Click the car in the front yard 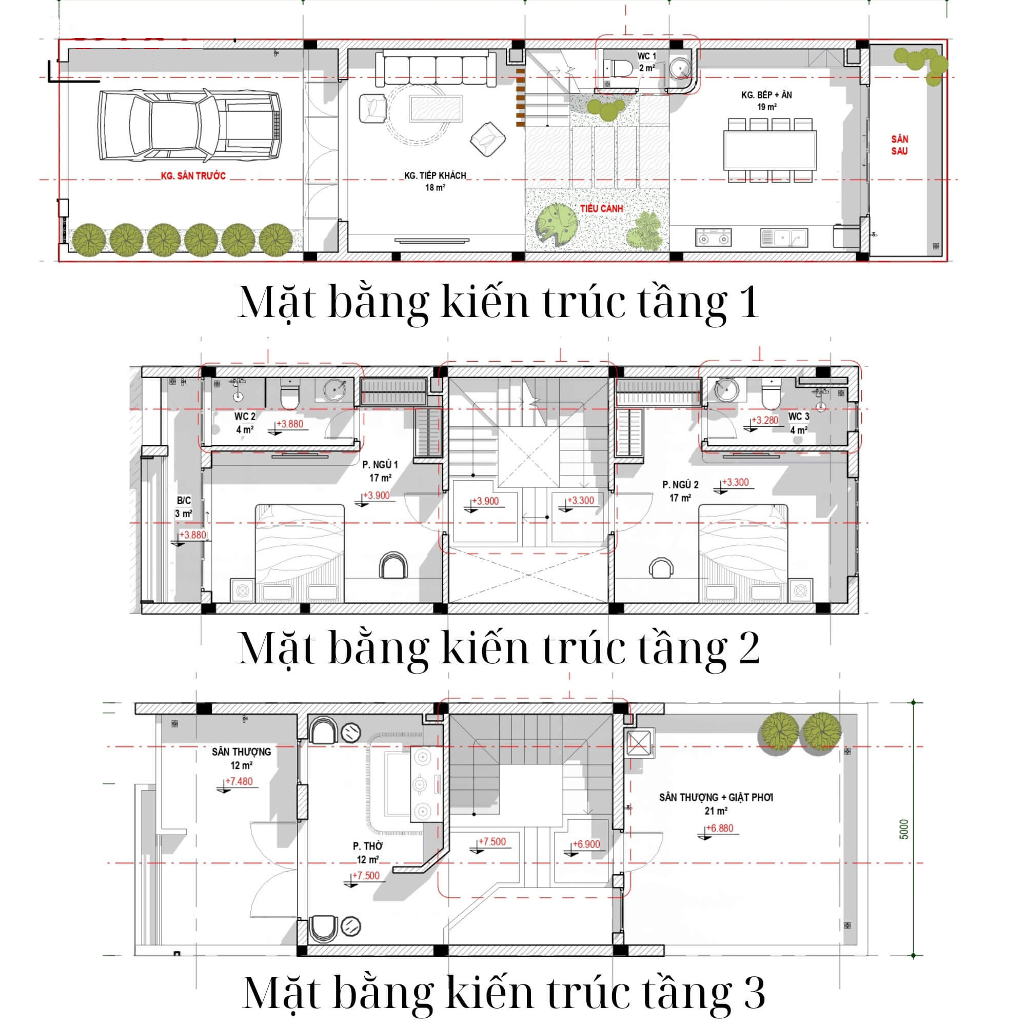tap(190, 125)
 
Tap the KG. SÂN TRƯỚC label tap(193, 176)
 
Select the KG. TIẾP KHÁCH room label tap(435, 175)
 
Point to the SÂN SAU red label tap(900, 145)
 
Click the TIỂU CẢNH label tap(601, 209)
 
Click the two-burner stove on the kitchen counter tap(713, 238)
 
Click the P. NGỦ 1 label tap(380, 465)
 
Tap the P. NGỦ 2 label tap(680, 485)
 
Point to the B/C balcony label tap(184, 500)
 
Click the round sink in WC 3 tap(726, 390)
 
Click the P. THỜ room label tap(367, 846)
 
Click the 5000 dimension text tap(904, 830)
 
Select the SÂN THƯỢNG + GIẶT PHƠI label tap(716, 798)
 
